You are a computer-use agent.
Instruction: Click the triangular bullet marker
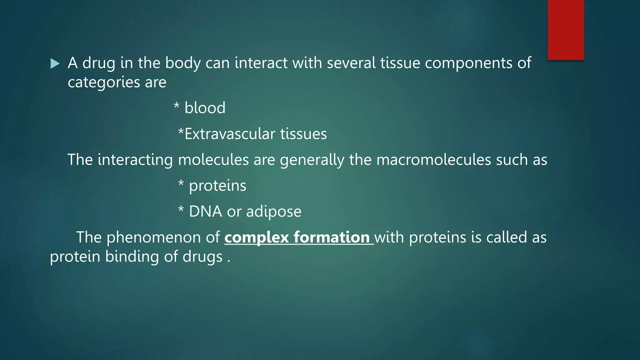tap(55, 64)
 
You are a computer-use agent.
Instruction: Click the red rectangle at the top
tap(566, 30)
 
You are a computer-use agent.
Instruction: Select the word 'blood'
tap(205, 108)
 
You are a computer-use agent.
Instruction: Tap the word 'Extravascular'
tap(230, 134)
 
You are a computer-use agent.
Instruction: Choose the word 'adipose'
tap(274, 212)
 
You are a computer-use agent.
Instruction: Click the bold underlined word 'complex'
tap(256, 237)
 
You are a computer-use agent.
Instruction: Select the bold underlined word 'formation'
tap(332, 237)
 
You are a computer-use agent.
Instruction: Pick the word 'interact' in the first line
tap(261, 63)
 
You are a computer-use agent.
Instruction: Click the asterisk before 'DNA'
tap(181, 209)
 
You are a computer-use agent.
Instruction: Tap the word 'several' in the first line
tap(351, 63)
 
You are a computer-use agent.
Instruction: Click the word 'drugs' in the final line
tap(202, 257)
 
